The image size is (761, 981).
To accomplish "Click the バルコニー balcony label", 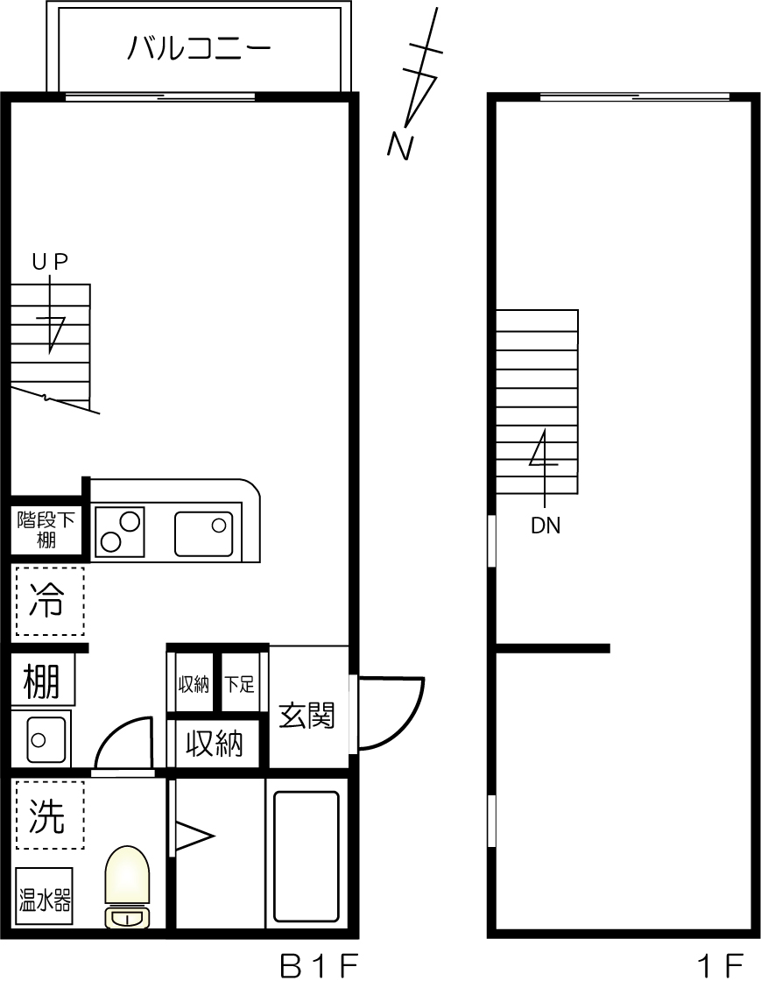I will (x=199, y=47).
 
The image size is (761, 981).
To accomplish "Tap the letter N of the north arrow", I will (x=400, y=146).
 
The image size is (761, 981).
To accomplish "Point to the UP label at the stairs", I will (x=50, y=261).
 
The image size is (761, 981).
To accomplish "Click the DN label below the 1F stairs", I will (x=546, y=526).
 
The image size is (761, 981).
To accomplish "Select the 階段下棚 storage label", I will (x=46, y=530).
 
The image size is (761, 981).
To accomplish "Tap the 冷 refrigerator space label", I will (x=48, y=601).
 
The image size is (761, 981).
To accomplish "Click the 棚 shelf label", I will (x=42, y=681).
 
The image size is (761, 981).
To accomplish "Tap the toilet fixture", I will (x=127, y=885).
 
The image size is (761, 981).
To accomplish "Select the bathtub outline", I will (x=307, y=856).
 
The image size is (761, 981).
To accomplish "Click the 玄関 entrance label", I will (x=307, y=716).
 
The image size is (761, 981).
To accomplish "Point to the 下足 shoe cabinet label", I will (x=240, y=684).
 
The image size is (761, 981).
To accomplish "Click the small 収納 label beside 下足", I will (x=194, y=684).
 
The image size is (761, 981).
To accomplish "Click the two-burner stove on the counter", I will (x=119, y=531).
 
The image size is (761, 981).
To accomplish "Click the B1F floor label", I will (x=320, y=965).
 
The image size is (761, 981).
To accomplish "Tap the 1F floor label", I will (x=721, y=965).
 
